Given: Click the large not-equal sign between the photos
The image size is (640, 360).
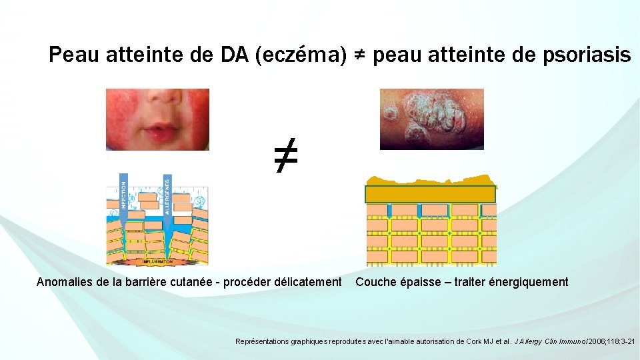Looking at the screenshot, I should (285, 157).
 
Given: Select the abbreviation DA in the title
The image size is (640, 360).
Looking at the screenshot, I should (234, 55).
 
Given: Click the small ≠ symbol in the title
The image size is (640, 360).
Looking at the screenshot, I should (359, 55).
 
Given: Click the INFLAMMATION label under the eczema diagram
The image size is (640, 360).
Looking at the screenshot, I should (157, 261).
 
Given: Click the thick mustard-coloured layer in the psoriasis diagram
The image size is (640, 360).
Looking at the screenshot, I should (431, 194).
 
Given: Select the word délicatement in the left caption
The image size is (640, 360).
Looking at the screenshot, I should (309, 282).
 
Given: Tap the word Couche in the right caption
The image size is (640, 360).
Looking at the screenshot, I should (374, 282).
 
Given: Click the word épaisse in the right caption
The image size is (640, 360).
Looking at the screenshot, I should (418, 282).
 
